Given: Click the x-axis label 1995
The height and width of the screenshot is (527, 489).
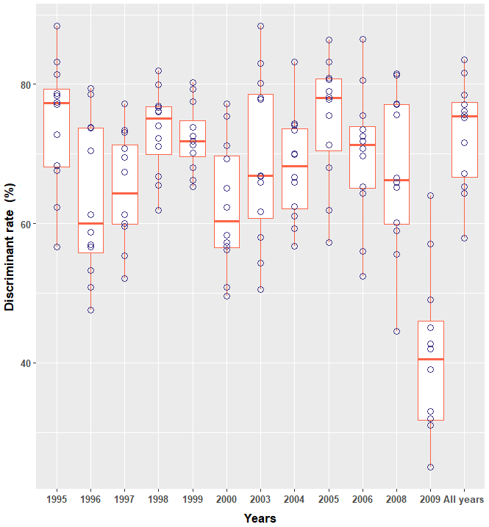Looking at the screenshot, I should click(x=57, y=499).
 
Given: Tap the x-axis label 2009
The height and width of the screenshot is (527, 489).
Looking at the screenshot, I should click(x=430, y=499).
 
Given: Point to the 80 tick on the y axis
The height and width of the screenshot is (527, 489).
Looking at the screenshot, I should click(x=26, y=84).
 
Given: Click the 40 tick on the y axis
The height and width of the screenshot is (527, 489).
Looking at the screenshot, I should click(x=26, y=363).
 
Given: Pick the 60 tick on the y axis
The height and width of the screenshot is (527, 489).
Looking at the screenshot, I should click(x=26, y=224).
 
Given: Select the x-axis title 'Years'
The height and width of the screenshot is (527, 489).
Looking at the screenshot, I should click(x=260, y=518).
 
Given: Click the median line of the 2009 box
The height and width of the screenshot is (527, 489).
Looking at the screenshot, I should click(x=430, y=359).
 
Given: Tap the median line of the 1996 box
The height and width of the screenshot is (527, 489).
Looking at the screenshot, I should click(x=90, y=223).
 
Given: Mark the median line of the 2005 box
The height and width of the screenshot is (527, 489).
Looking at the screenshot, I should click(x=329, y=98).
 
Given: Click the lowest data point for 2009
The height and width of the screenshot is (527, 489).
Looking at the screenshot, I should click(x=430, y=467).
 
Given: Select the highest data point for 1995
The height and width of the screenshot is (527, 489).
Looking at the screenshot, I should click(x=57, y=26).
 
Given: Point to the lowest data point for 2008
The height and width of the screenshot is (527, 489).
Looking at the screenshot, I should click(x=396, y=331).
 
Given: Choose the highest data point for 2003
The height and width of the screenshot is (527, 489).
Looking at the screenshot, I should click(x=260, y=26).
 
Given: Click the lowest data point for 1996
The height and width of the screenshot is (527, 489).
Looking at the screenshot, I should click(x=90, y=310).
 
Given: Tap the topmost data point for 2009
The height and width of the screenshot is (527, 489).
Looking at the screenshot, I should click(x=430, y=195).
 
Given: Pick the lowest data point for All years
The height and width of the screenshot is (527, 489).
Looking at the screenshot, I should click(x=464, y=238).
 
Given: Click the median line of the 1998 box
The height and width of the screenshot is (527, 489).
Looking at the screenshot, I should click(x=158, y=118).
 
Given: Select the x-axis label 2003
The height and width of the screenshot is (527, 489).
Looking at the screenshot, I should click(x=260, y=499).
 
